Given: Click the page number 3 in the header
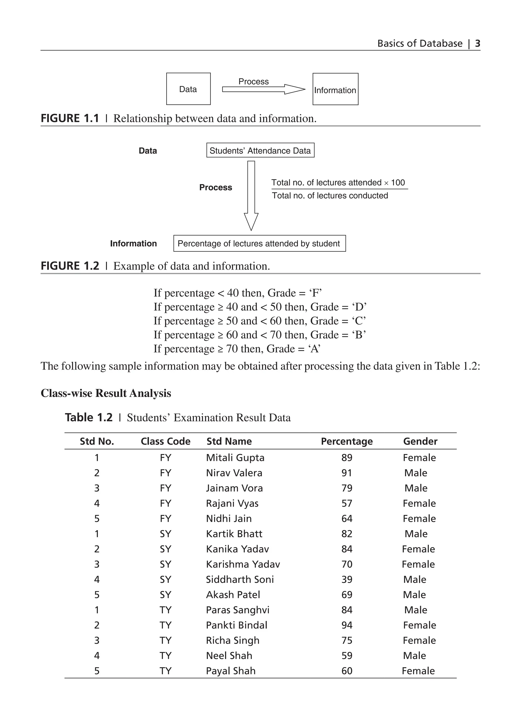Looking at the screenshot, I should coord(477,44).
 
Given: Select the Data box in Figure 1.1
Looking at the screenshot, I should coord(188,89).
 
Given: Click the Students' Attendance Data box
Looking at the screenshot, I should coord(260,151).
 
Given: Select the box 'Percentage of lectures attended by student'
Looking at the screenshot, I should coord(259,243).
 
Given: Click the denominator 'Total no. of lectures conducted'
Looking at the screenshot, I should coord(330,196).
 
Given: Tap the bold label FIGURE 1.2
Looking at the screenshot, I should coord(70,266).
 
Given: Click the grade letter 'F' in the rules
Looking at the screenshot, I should coord(315,293).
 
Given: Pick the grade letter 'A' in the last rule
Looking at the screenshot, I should coord(314,349).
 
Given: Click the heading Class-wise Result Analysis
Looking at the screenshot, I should coord(106,393).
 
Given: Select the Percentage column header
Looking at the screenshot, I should coord(347,441).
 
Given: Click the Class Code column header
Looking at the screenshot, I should coord(165,441).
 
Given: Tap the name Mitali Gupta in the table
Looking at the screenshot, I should coord(235,458).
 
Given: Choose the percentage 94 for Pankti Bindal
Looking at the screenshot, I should coord(347,625).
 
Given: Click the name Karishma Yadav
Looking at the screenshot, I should coord(243,564).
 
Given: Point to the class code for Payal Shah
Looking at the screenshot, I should coord(165,671).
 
